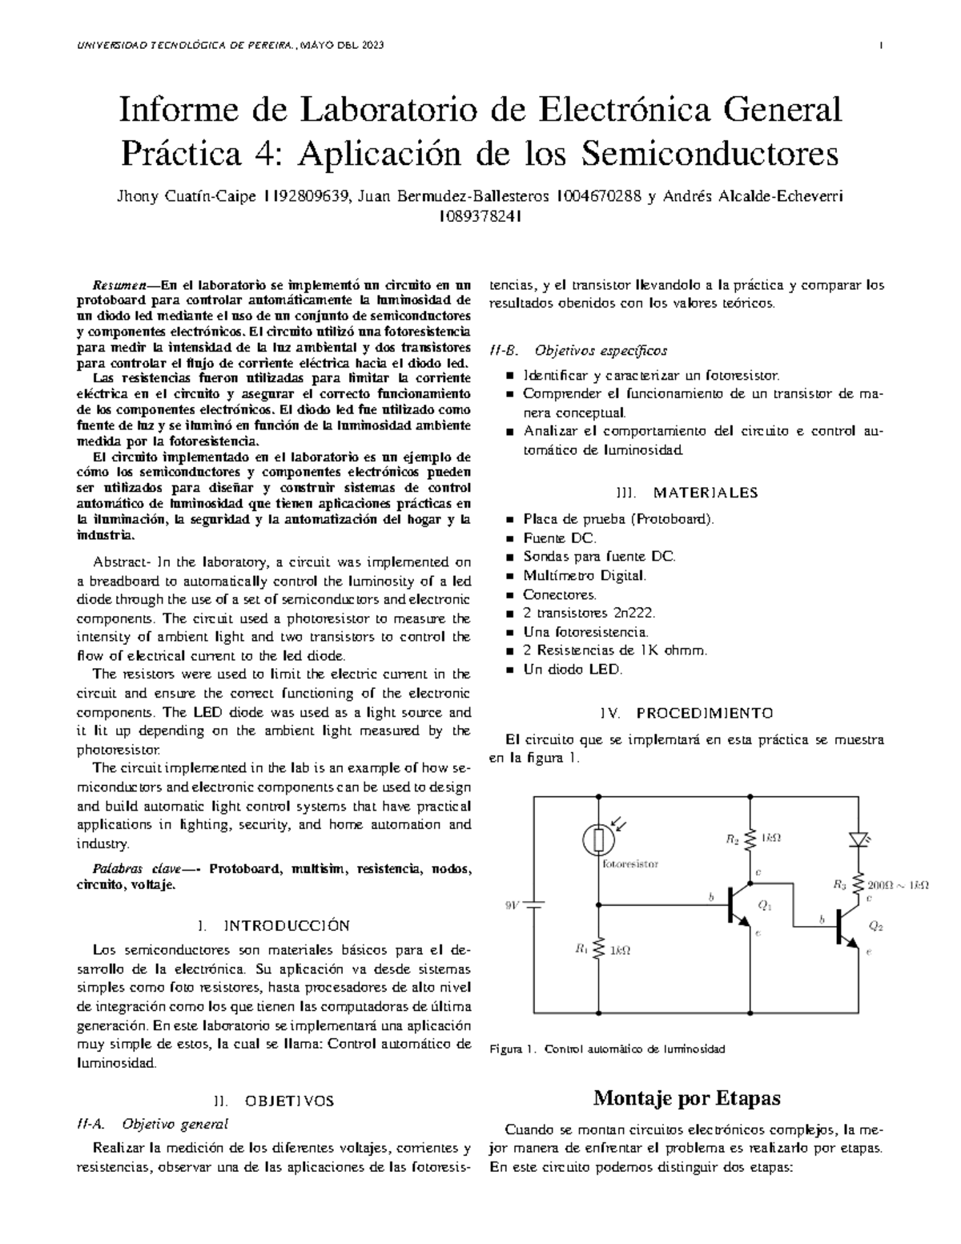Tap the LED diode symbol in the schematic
[859, 839]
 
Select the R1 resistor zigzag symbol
[598, 950]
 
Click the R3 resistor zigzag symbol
[859, 884]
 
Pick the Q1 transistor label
[765, 906]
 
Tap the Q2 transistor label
[875, 926]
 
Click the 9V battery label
[511, 905]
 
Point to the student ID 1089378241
[480, 215]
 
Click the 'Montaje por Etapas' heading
[686, 1097]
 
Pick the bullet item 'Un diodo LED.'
[572, 669]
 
